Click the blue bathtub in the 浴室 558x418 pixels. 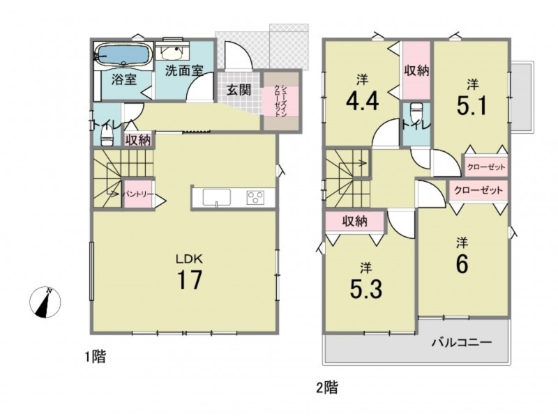[x=123, y=55]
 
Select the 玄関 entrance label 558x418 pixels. [x=239, y=90]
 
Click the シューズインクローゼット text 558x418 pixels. [x=280, y=100]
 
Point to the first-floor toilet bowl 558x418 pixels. [x=107, y=137]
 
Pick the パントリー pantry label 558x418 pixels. [x=138, y=194]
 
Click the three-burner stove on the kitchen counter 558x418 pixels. [x=255, y=197]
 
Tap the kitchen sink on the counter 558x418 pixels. [x=217, y=197]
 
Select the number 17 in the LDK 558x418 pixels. [x=190, y=279]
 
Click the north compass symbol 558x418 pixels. [x=45, y=302]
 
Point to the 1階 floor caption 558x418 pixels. [x=95, y=357]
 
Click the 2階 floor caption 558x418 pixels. [x=327, y=387]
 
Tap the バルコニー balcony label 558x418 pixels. [x=462, y=343]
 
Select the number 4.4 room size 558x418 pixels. [x=362, y=100]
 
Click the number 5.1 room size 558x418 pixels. [x=472, y=106]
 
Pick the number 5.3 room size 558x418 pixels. [x=366, y=289]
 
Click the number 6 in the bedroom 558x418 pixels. [x=462, y=264]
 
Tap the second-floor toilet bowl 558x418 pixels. [x=416, y=112]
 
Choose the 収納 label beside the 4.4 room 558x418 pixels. [x=416, y=71]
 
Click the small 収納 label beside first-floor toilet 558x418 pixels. [x=138, y=140]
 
